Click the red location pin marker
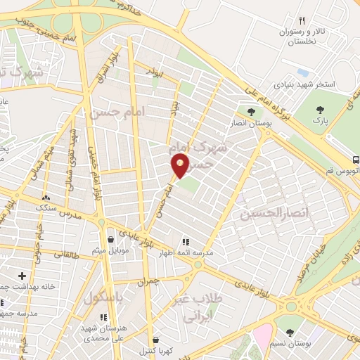click(181, 166)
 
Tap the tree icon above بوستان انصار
click(250, 111)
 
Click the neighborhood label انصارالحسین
click(265, 212)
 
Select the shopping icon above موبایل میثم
click(109, 240)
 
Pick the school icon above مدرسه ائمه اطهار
click(186, 240)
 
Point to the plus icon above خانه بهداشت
click(22, 276)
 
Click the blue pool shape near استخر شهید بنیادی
click(303, 73)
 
